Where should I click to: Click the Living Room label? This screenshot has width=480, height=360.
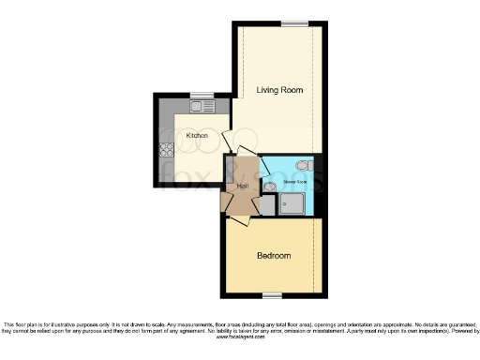click(280, 90)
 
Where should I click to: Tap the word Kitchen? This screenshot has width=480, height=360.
click(197, 136)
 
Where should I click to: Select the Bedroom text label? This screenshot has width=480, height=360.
click(274, 256)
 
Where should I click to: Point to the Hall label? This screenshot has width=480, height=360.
click(242, 187)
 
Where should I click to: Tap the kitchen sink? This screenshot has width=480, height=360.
click(202, 107)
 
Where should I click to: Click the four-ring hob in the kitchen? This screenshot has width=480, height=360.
click(167, 148)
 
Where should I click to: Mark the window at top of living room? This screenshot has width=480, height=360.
click(295, 22)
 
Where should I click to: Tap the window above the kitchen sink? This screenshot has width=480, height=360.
click(202, 94)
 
